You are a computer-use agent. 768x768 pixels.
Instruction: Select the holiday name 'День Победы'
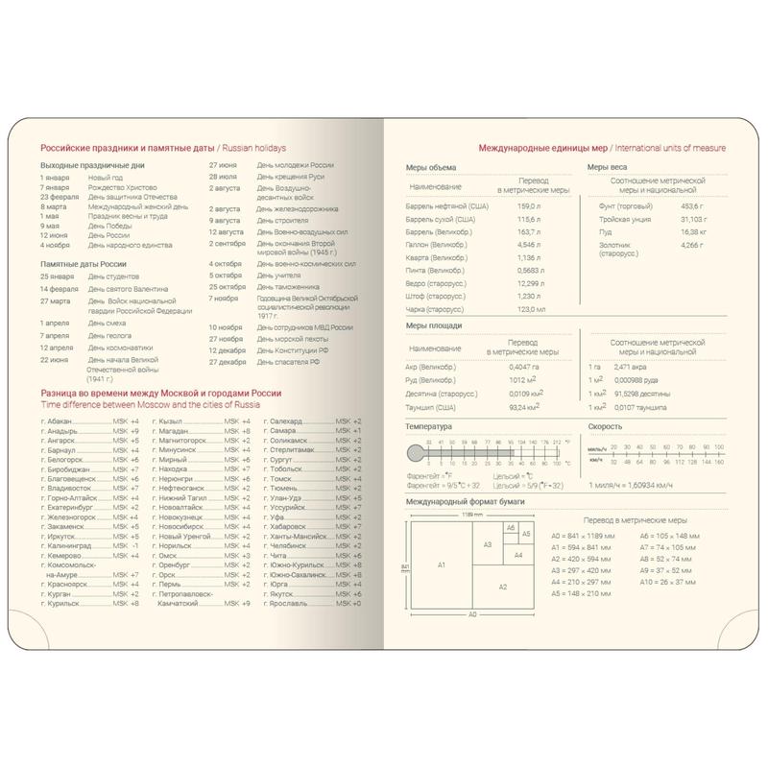(108, 226)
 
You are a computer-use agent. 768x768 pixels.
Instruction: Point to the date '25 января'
(57, 277)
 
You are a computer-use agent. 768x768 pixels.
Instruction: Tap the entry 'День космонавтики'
(120, 348)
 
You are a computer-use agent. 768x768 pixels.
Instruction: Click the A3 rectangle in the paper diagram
(487, 544)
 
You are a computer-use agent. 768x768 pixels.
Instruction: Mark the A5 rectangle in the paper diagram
(525, 534)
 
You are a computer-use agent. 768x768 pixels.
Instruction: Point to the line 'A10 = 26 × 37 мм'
(650, 582)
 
